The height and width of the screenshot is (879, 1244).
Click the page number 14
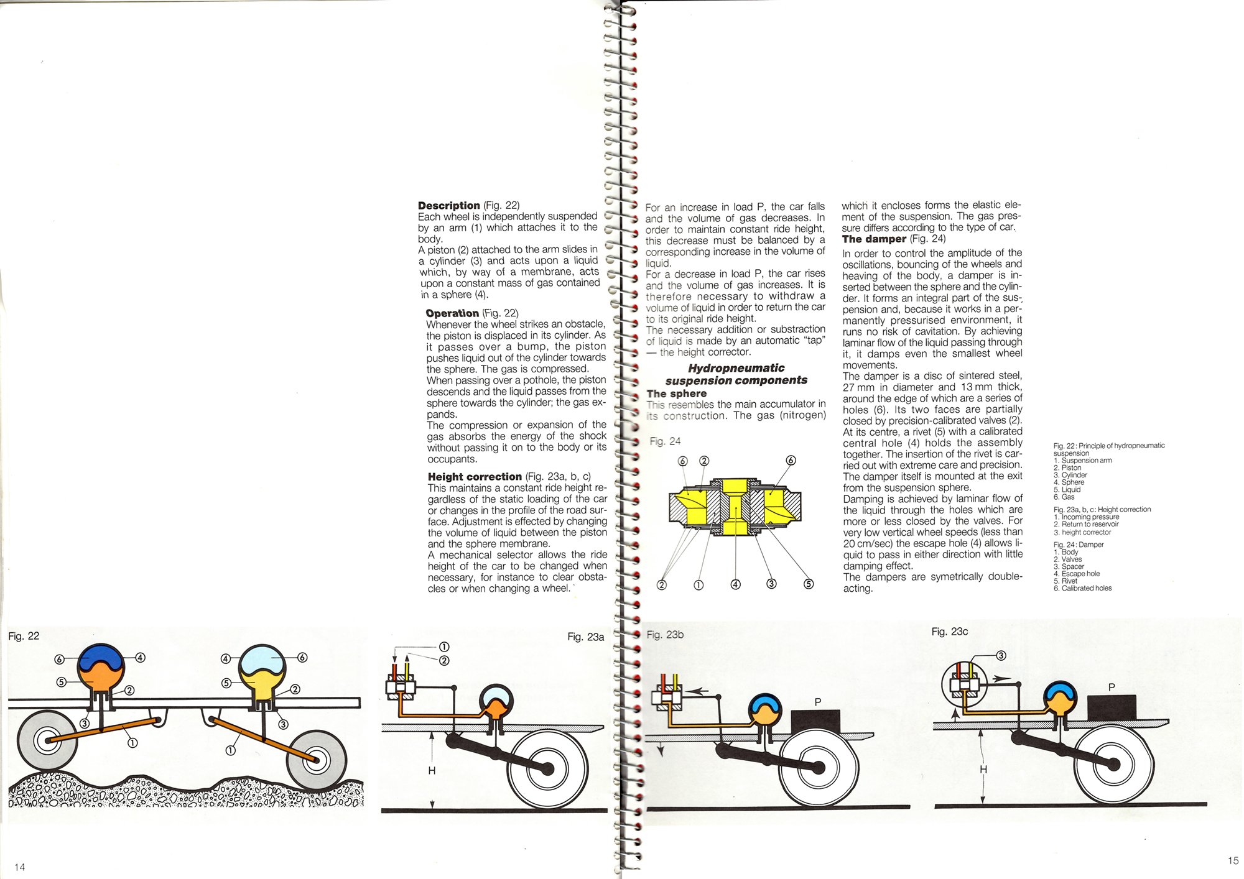pyautogui.click(x=20, y=867)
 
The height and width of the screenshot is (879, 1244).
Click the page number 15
pyautogui.click(x=1233, y=860)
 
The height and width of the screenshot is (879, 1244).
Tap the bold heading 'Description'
pyautogui.click(x=449, y=206)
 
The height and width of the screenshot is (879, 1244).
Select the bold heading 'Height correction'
pyautogui.click(x=475, y=477)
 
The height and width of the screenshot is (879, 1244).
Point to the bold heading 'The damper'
pyautogui.click(x=874, y=239)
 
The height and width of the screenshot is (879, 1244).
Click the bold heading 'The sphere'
pyautogui.click(x=677, y=393)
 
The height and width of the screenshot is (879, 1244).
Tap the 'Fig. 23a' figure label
pyautogui.click(x=585, y=637)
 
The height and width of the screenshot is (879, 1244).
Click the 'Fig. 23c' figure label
pyautogui.click(x=949, y=632)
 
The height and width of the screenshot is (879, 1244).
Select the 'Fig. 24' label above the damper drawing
pyautogui.click(x=665, y=441)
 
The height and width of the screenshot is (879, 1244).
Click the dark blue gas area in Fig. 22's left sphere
pyautogui.click(x=101, y=656)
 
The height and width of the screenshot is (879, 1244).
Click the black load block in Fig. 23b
pyautogui.click(x=816, y=724)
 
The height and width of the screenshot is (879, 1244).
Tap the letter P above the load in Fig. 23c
pyautogui.click(x=1112, y=687)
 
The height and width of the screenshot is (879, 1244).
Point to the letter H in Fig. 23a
pyautogui.click(x=432, y=771)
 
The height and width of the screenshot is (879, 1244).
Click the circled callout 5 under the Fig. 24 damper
pyautogui.click(x=808, y=584)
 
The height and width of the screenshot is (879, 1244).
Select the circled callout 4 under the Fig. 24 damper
pyautogui.click(x=735, y=584)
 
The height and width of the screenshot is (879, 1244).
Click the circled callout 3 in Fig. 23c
pyautogui.click(x=1001, y=656)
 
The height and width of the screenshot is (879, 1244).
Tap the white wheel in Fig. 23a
pyautogui.click(x=548, y=769)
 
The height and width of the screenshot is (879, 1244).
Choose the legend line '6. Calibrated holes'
pyautogui.click(x=1082, y=588)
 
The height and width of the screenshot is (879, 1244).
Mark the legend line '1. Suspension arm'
pyautogui.click(x=1083, y=461)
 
